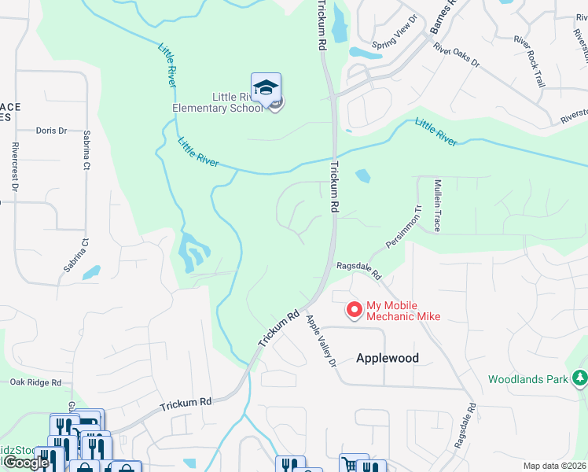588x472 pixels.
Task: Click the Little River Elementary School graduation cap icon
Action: (266, 87)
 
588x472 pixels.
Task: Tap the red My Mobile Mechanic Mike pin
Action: (354, 310)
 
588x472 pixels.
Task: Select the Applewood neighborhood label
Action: (388, 358)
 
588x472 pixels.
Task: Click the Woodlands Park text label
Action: (527, 379)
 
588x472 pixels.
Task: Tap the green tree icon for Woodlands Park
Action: (580, 378)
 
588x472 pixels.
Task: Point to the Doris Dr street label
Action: (52, 131)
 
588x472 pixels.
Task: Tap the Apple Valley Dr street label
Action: (322, 341)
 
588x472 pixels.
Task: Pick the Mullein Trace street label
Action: (438, 205)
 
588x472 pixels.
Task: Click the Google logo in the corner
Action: (26, 463)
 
